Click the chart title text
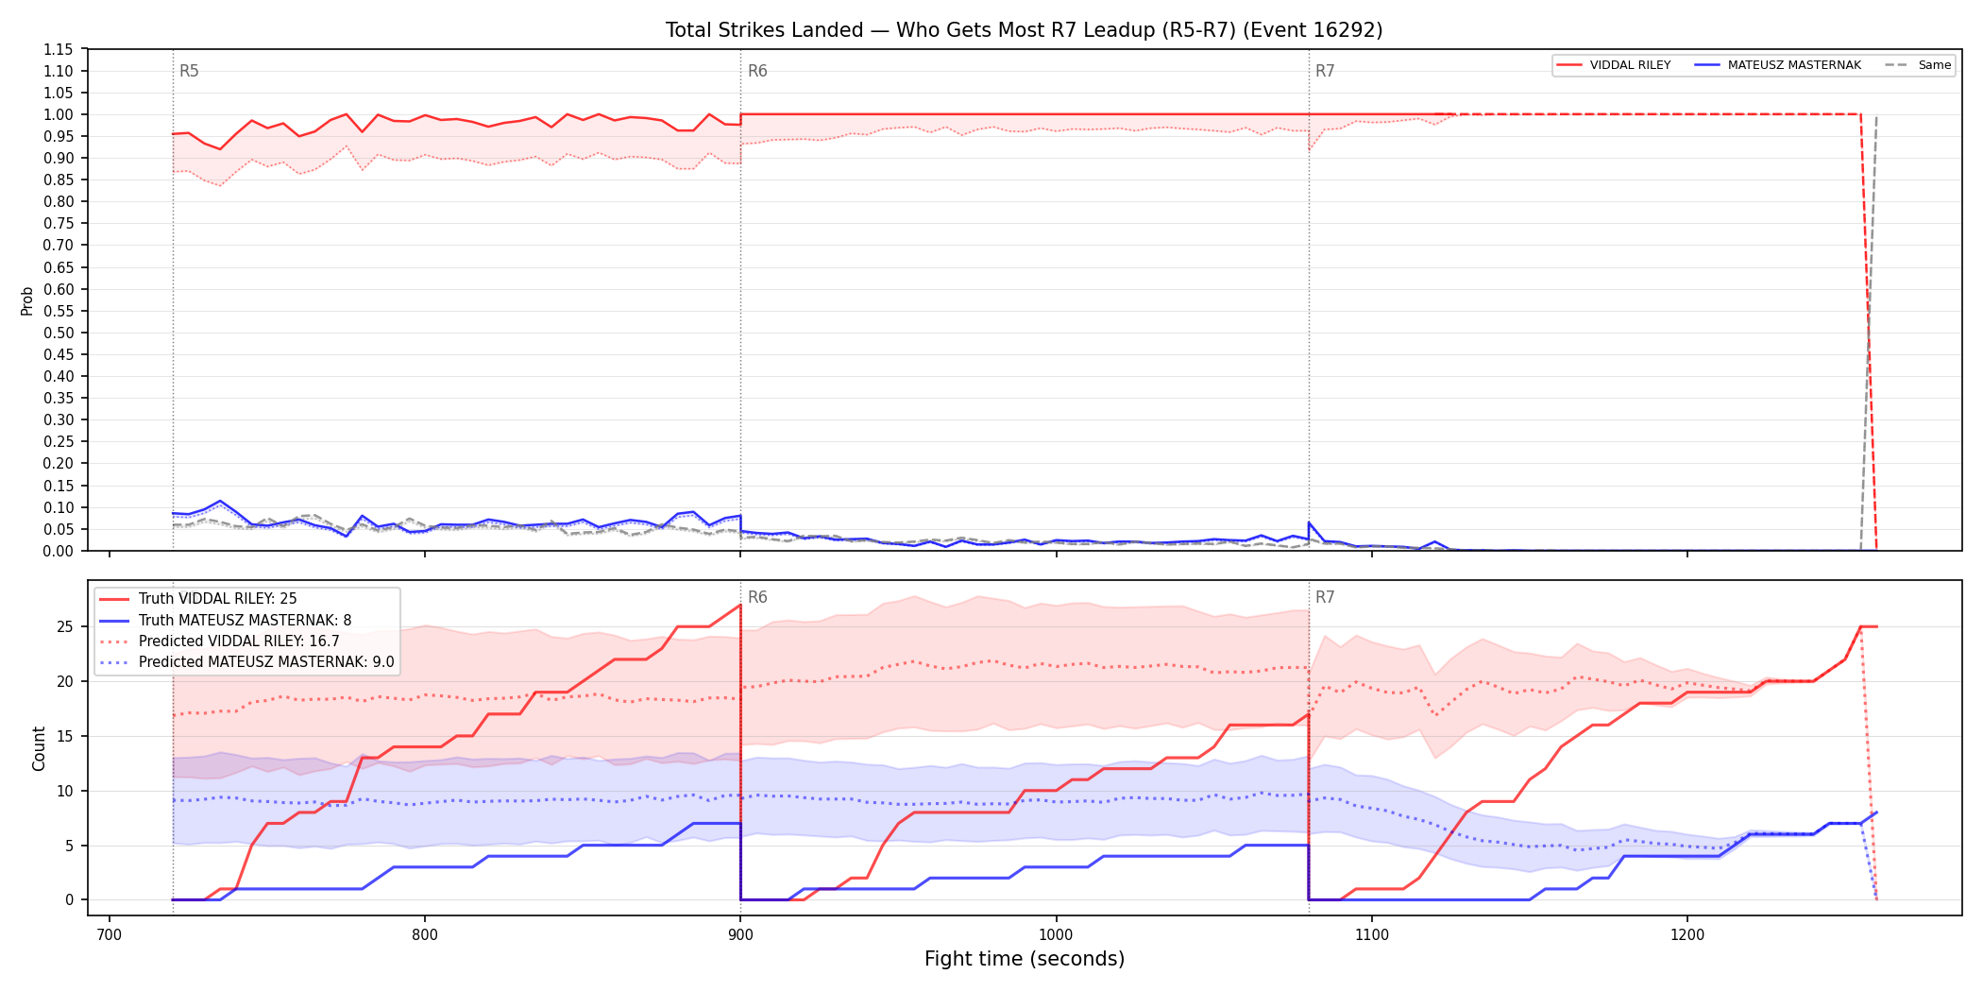1024,30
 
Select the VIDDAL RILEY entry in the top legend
1614,65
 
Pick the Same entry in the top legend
1918,65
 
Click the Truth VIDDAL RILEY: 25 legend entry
198,599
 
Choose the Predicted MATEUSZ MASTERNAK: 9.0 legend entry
246,662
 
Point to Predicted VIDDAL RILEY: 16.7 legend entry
219,641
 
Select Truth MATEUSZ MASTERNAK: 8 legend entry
226,621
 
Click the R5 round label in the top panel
189,71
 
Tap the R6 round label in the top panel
757,71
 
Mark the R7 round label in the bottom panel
1325,597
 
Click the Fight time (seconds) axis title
1025,959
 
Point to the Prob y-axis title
27,300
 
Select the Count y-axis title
39,748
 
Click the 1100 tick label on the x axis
1371,935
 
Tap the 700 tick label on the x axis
110,935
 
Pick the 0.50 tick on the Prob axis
59,333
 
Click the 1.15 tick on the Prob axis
59,49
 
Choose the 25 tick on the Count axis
65,627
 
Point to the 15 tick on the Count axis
65,736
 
